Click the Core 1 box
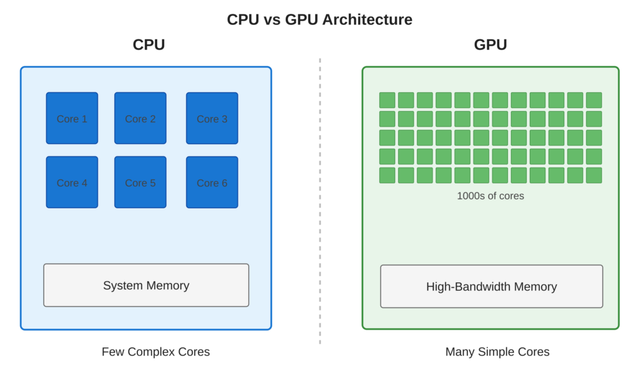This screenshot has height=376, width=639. pyautogui.click(x=72, y=118)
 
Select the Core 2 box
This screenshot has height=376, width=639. pyautogui.click(x=140, y=118)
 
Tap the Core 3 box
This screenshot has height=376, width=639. pyautogui.click(x=212, y=118)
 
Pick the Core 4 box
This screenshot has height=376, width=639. pyautogui.click(x=72, y=182)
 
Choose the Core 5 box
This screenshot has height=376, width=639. pyautogui.click(x=140, y=182)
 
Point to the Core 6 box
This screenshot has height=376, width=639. pyautogui.click(x=212, y=182)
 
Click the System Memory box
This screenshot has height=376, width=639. pyautogui.click(x=146, y=285)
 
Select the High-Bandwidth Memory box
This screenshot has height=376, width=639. pyautogui.click(x=491, y=286)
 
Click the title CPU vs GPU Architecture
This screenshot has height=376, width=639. pyautogui.click(x=319, y=19)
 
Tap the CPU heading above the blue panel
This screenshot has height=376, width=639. pyautogui.click(x=149, y=45)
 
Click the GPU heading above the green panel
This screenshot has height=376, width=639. pyautogui.click(x=490, y=45)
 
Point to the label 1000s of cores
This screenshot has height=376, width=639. pyautogui.click(x=490, y=196)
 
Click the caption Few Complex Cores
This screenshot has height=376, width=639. pyautogui.click(x=156, y=352)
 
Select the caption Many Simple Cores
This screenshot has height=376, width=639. pyautogui.click(x=497, y=352)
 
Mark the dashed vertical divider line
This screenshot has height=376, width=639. pyautogui.click(x=319, y=200)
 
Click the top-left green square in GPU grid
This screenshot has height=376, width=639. pyautogui.click(x=388, y=100)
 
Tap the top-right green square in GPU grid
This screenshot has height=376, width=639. pyautogui.click(x=594, y=100)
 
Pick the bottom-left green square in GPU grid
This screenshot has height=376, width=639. pyautogui.click(x=388, y=175)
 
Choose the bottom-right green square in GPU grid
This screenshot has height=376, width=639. pyautogui.click(x=594, y=175)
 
